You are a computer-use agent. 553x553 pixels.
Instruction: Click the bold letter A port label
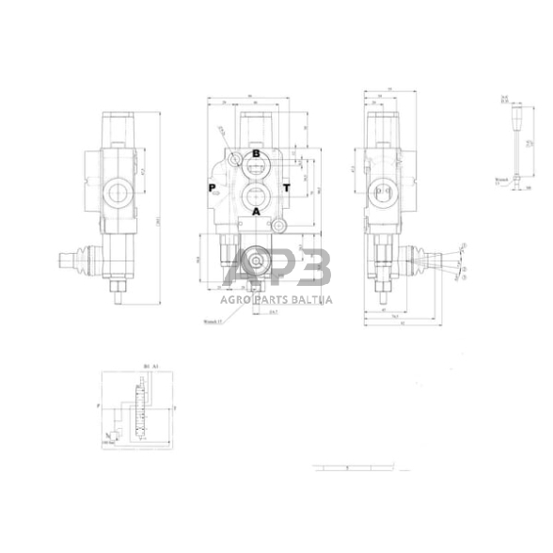tap(255, 213)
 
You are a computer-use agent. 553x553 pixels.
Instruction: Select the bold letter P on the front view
tap(213, 187)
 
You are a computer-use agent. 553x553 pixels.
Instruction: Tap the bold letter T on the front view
tap(286, 187)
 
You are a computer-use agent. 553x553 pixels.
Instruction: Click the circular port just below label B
tap(256, 169)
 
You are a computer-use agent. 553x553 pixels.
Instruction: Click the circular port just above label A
tap(256, 195)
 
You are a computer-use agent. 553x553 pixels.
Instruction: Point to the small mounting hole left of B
tap(233, 154)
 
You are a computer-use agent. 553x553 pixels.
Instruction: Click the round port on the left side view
tap(118, 196)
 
